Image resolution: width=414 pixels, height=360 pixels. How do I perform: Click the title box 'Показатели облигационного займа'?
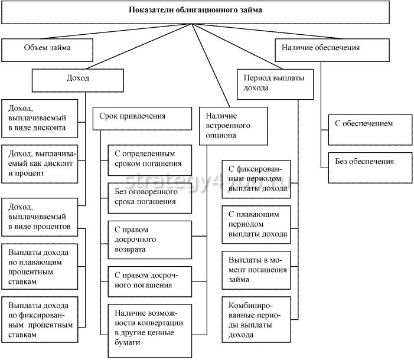tap(195, 11)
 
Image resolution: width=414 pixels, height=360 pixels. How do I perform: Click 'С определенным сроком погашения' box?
tap(150, 159)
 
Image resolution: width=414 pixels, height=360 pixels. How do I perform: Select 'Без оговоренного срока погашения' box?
tap(150, 198)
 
